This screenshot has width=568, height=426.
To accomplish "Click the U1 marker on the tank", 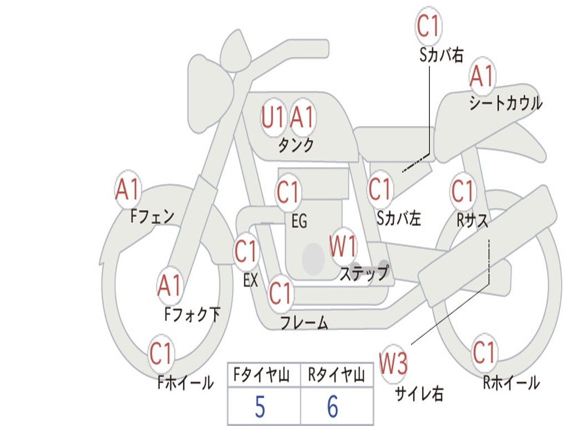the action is pyautogui.click(x=273, y=118).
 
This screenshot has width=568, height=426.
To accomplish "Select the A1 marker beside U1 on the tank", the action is pyautogui.click(x=302, y=118).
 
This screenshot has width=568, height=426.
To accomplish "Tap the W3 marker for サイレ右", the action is pyautogui.click(x=393, y=363).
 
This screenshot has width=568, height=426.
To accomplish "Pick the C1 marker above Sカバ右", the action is pyautogui.click(x=428, y=26).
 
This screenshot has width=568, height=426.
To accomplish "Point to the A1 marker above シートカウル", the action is pyautogui.click(x=482, y=75).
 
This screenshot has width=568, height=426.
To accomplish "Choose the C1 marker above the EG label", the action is pyautogui.click(x=288, y=191).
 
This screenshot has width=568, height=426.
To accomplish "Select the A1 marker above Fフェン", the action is pyautogui.click(x=128, y=189).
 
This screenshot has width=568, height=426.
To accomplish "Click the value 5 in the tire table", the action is pyautogui.click(x=260, y=407).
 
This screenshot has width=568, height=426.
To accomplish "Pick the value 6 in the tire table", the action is pyautogui.click(x=333, y=407).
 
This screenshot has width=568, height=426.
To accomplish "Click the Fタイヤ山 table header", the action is pyautogui.click(x=262, y=374).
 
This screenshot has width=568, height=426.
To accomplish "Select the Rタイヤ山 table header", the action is pyautogui.click(x=336, y=374).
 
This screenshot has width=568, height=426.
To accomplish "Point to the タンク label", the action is pyautogui.click(x=296, y=145).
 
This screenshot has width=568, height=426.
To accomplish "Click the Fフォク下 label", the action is pyautogui.click(x=192, y=314).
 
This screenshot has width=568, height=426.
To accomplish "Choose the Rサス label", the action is pyautogui.click(x=472, y=220).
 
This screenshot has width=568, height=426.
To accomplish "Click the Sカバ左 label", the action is pyautogui.click(x=398, y=218).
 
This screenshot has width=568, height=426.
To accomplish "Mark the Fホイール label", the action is pyautogui.click(x=185, y=382).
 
